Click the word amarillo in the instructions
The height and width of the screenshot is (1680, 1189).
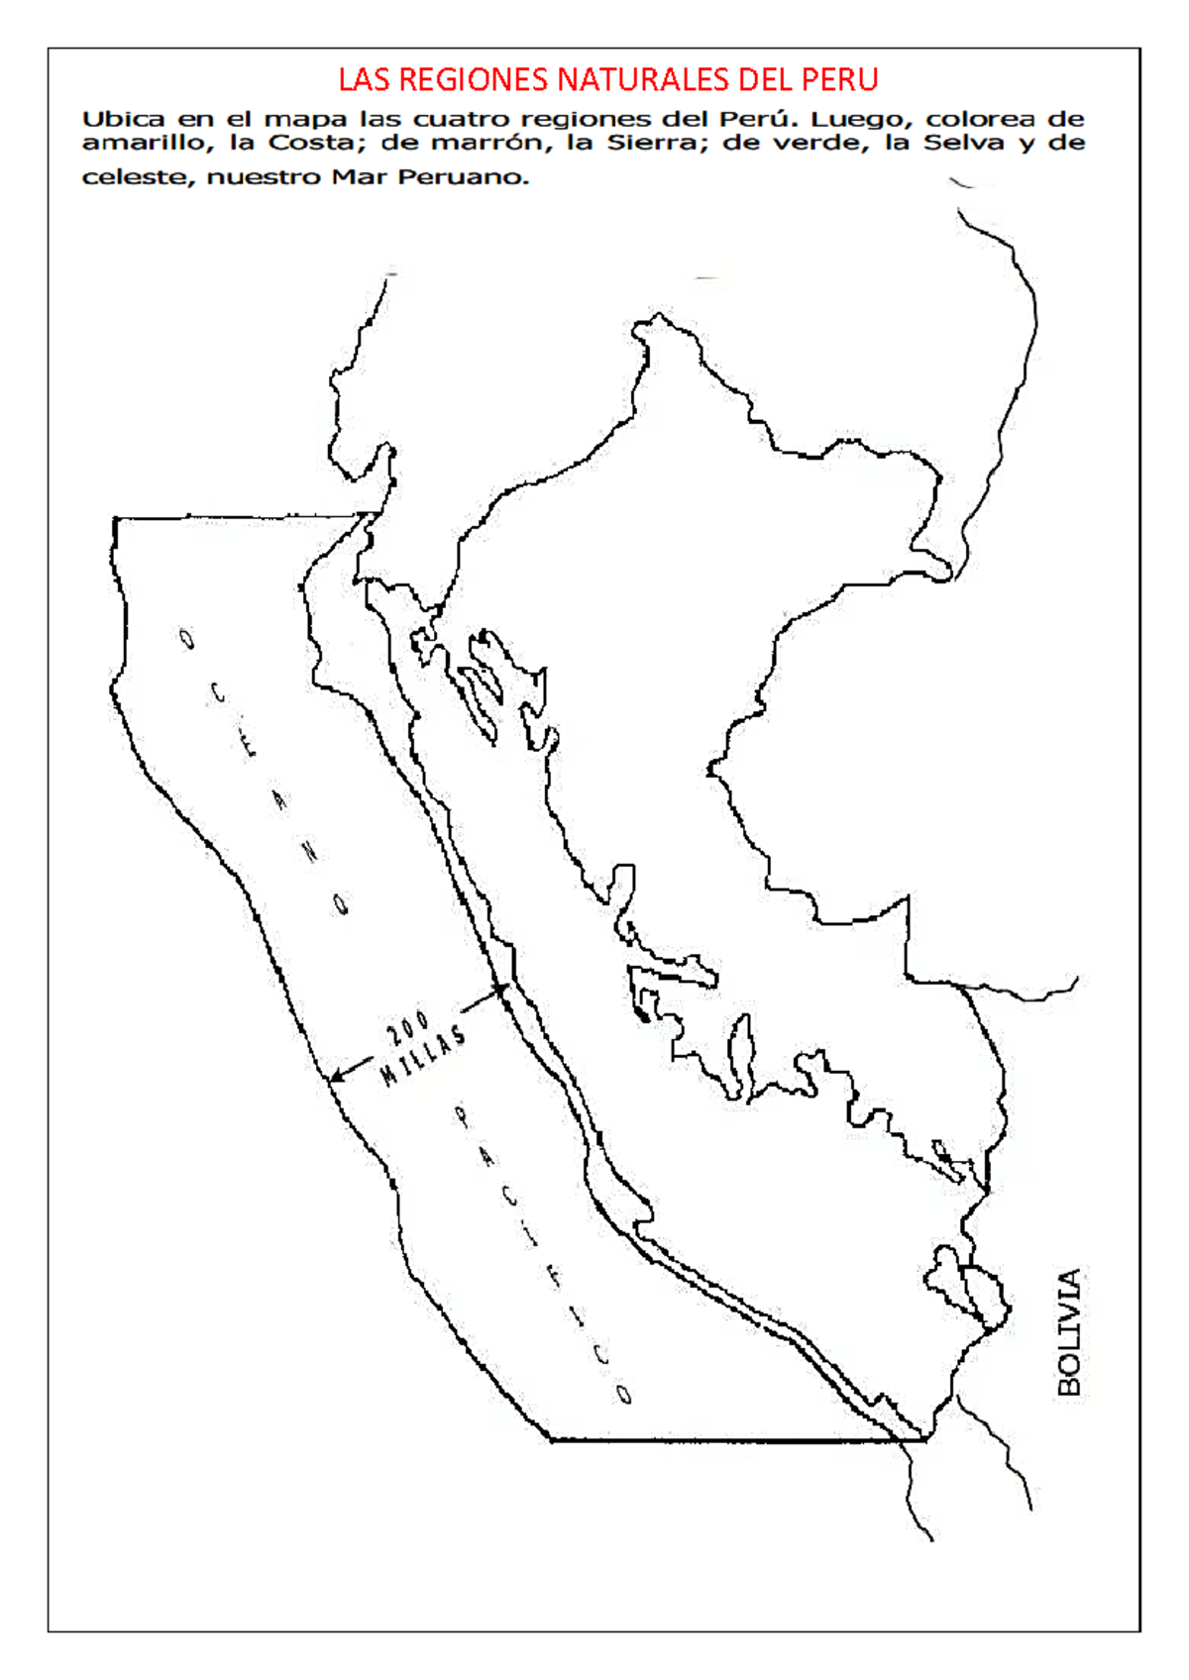[144, 143]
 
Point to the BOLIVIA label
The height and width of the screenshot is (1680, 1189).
[1070, 1332]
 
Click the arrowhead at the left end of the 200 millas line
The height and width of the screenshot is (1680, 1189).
[334, 1077]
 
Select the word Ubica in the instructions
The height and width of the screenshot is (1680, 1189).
[123, 119]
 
